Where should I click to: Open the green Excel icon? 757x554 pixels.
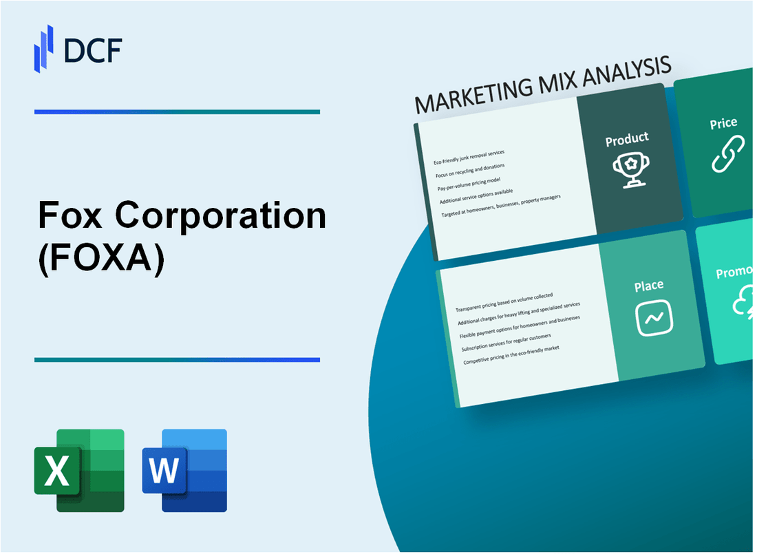tap(79, 471)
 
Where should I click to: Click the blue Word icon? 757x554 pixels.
tap(184, 471)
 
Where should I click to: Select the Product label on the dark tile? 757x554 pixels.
tap(626, 139)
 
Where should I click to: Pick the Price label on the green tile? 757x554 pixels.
tap(723, 124)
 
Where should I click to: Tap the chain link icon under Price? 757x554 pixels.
tap(727, 153)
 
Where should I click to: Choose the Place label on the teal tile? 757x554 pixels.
tap(649, 286)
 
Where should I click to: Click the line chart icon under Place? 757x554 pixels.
tap(654, 317)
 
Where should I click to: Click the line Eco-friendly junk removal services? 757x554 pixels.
tap(469, 157)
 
